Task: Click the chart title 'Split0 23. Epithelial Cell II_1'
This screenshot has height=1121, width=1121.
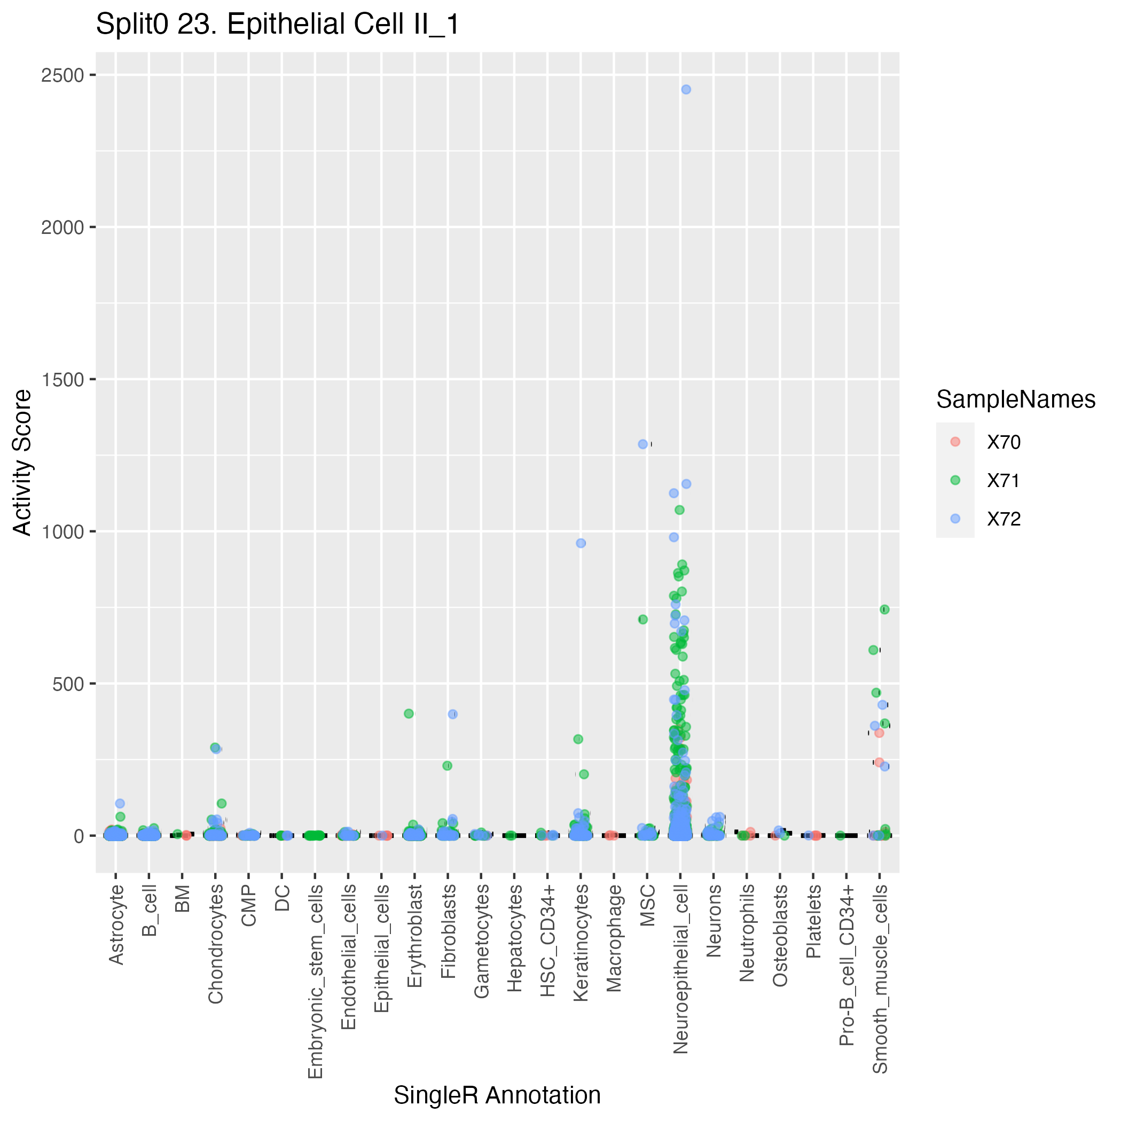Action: [x=277, y=25]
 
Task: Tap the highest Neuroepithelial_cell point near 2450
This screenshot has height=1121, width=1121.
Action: [x=686, y=89]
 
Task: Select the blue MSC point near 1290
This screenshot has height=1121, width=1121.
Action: [x=642, y=444]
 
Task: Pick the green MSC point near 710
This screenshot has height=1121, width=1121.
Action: [x=642, y=619]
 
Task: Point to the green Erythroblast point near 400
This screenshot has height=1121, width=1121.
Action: [x=409, y=714]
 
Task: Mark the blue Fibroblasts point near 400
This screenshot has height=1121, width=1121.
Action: [x=452, y=714]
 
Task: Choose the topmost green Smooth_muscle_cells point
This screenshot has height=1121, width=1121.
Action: [x=884, y=609]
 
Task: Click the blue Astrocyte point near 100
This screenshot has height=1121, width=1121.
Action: [x=120, y=804]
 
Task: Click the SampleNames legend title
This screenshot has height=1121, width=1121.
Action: [x=1015, y=400]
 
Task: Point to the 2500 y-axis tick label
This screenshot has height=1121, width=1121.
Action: [x=62, y=75]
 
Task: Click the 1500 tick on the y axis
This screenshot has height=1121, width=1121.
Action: [x=62, y=380]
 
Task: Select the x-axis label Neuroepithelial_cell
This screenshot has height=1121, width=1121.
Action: [x=680, y=969]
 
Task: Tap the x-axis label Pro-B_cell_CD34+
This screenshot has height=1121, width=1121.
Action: [x=846, y=966]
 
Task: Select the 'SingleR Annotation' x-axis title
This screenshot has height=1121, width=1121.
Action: [x=497, y=1095]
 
